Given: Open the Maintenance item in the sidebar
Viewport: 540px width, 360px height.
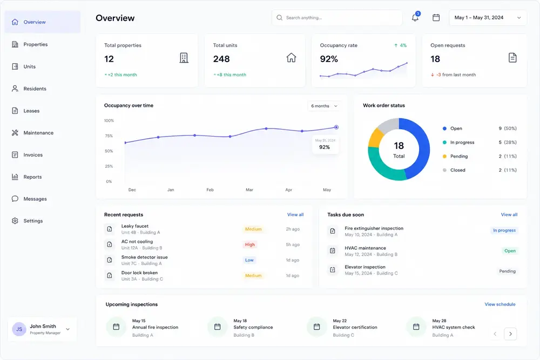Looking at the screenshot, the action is [33, 133].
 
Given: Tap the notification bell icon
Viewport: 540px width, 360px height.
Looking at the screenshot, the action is [415, 18].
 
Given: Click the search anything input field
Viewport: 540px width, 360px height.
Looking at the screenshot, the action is [337, 18].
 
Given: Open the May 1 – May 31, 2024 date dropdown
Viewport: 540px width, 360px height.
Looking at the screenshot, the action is [488, 18].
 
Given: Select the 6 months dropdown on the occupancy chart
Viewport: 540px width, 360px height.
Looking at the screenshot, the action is [324, 106].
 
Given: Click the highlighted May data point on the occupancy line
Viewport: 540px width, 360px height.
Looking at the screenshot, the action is [336, 127].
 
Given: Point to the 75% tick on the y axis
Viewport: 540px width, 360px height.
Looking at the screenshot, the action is [109, 136].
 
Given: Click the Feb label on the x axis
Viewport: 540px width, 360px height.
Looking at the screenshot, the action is [210, 189].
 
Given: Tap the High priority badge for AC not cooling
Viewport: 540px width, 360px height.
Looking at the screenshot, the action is [250, 244].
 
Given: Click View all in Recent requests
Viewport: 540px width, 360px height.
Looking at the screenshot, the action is [295, 215].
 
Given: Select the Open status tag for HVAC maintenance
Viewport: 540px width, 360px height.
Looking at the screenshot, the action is [510, 251].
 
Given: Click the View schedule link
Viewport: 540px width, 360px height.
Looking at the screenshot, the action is [500, 304].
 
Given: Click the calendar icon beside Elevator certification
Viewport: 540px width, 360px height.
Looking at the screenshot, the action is [317, 327].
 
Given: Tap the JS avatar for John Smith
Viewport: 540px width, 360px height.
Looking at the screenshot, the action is [19, 329].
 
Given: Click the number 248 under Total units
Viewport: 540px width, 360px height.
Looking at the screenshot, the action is [221, 59].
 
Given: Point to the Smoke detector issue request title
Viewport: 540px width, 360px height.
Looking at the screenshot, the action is [144, 257].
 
